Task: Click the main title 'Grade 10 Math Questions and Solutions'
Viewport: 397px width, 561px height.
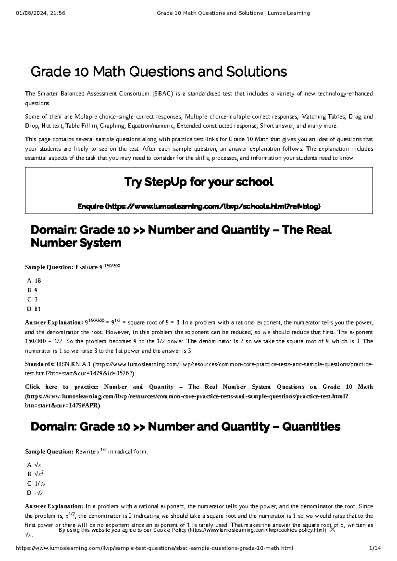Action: [158, 72]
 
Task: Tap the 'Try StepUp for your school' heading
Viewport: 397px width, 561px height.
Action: [198, 182]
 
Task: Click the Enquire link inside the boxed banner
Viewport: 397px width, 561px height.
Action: [198, 206]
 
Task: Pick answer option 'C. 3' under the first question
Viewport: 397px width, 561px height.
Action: [33, 300]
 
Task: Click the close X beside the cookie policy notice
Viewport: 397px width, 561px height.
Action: [332, 539]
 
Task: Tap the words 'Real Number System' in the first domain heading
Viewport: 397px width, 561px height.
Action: [76, 243]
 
